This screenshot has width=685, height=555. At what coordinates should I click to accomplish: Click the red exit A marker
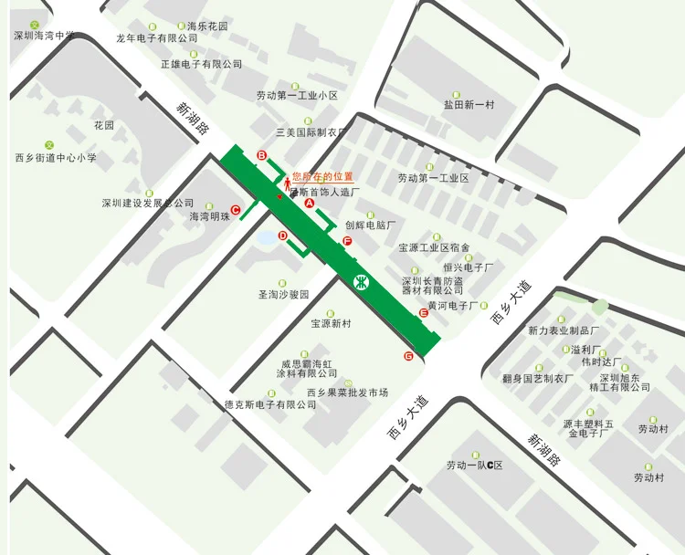coord(309,204)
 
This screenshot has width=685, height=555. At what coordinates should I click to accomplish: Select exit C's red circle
coord(236,210)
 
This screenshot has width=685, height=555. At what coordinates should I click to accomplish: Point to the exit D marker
coord(282,236)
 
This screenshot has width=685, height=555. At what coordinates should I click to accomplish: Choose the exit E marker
coord(424,313)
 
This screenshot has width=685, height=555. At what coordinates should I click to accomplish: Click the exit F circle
coord(347,241)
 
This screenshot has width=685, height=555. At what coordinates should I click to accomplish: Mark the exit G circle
coord(408,355)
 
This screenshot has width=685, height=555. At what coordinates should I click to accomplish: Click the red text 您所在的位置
coord(322,176)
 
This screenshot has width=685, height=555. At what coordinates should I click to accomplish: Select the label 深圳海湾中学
coord(43,36)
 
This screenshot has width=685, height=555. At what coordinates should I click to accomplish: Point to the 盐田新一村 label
coord(469,105)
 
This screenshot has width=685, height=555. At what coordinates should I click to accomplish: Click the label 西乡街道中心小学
coord(56,158)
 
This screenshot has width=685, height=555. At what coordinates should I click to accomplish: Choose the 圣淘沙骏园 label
coord(284,296)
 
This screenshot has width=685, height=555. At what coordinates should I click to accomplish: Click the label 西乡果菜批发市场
coord(347,393)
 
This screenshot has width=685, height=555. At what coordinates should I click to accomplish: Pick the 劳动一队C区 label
coord(475,466)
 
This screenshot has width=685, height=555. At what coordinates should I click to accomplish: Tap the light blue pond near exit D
coord(266,238)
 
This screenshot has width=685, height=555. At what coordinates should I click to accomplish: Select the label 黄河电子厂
coord(453,306)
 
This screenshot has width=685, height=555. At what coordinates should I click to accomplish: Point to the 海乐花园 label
coord(207,26)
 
